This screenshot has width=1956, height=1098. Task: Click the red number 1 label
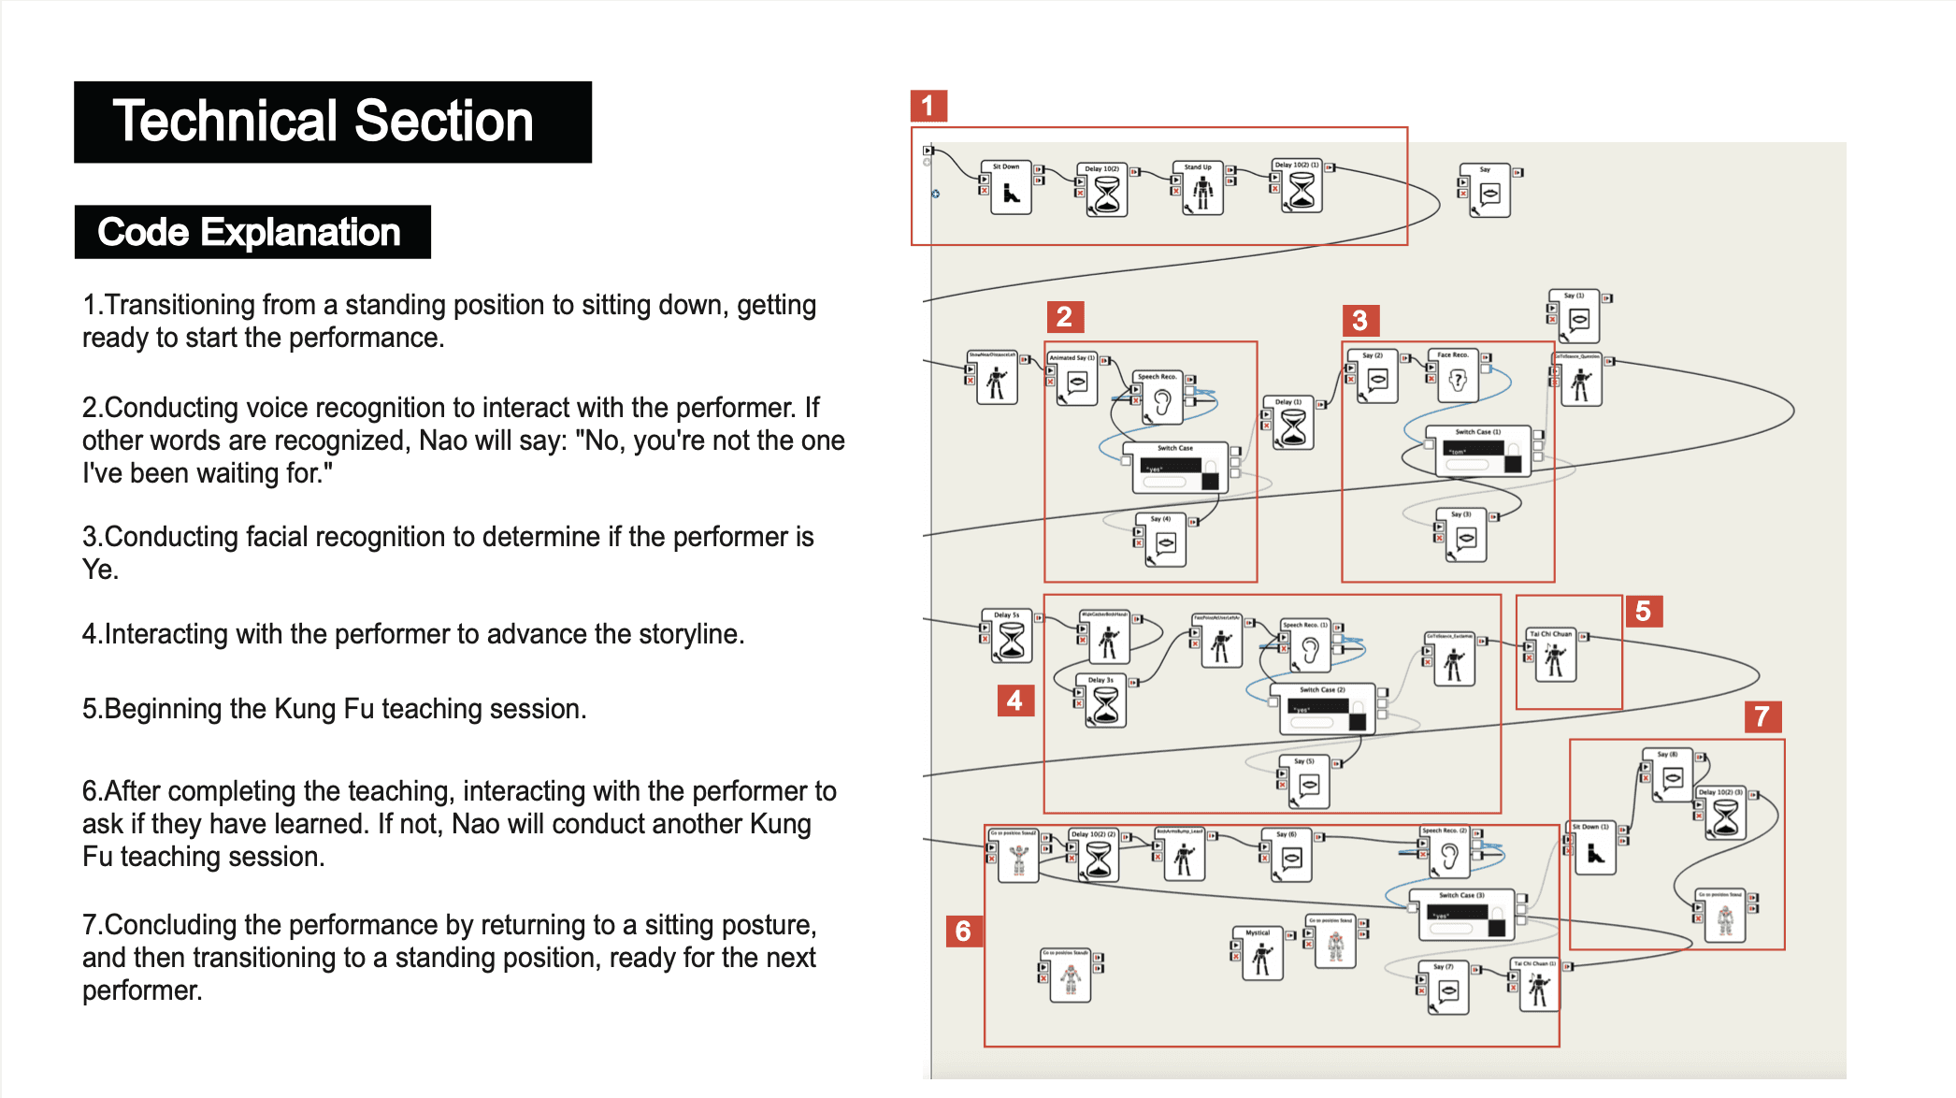928,106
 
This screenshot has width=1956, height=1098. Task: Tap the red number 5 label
1643,612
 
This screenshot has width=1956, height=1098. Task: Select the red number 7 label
1762,717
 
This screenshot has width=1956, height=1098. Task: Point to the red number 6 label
963,932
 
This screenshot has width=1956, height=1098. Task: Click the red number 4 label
1014,701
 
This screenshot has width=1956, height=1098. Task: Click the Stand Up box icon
1202,192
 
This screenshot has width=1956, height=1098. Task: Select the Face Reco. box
1457,379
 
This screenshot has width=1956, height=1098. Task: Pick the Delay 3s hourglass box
1105,703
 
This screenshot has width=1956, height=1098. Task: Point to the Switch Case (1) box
1477,453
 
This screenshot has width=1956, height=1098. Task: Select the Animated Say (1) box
1077,382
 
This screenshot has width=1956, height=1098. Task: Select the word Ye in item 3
97,570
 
